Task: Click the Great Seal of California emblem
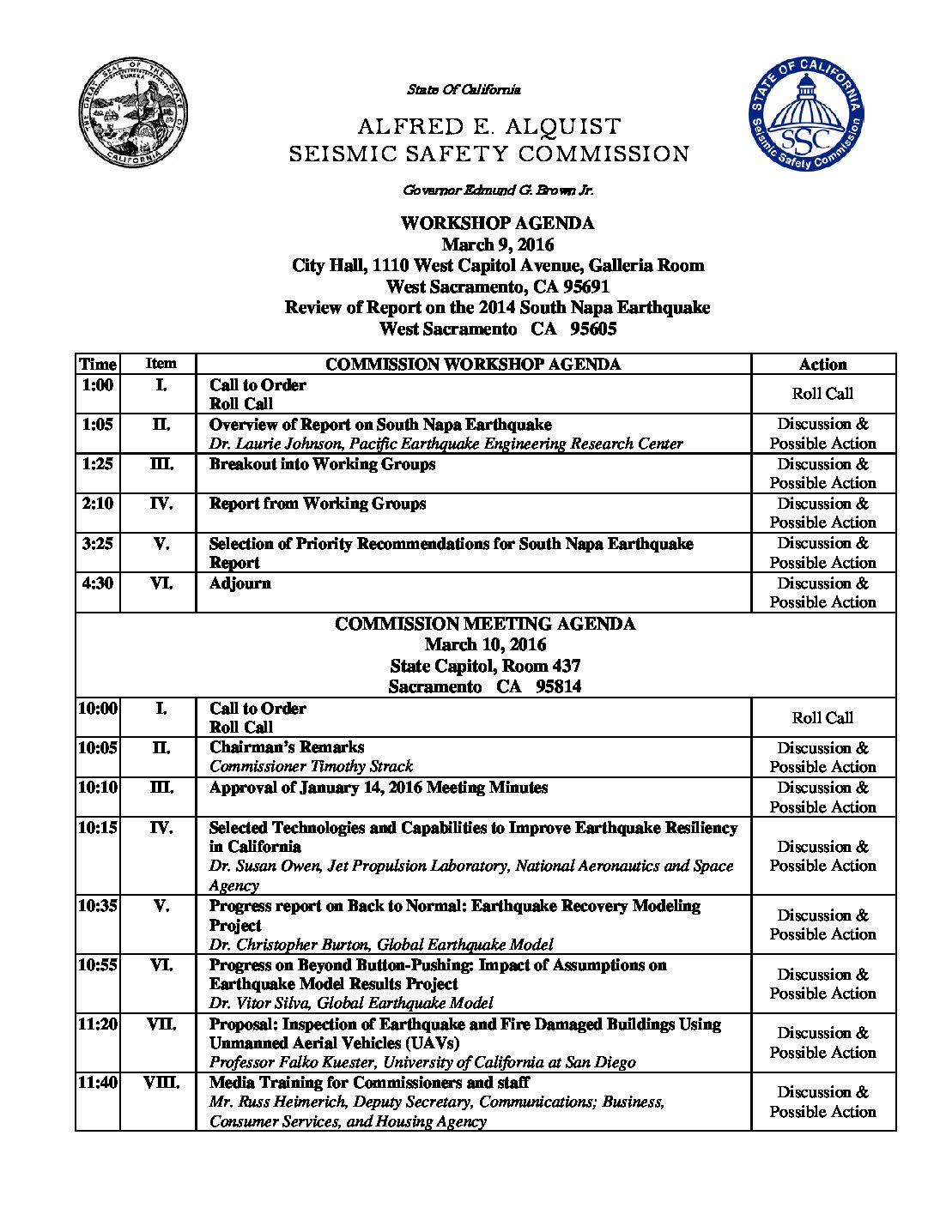pos(132,116)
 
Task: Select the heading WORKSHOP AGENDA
pos(497,223)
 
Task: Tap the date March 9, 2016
pos(498,245)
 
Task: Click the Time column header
pos(98,364)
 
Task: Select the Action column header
pos(822,365)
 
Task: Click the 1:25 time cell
pos(98,464)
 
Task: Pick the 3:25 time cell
pos(98,544)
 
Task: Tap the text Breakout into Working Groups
pos(322,464)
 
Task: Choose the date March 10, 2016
pos(485,644)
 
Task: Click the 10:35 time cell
pos(98,906)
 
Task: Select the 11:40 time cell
pos(98,1083)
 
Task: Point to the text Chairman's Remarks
pos(287,747)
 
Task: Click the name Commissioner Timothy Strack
pos(311,766)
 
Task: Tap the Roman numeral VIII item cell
pos(161,1083)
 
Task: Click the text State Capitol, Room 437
pos(485,666)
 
